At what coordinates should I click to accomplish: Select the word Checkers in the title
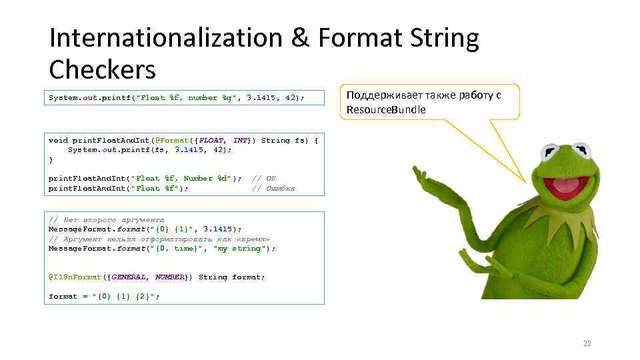(x=102, y=69)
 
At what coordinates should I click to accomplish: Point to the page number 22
(x=587, y=344)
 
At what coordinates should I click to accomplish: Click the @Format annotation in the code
(x=171, y=141)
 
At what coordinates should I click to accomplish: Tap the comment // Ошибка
(x=273, y=189)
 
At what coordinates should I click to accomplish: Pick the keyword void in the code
(x=58, y=141)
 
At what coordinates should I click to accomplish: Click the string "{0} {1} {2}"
(x=126, y=297)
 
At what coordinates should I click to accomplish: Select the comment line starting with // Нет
(x=107, y=219)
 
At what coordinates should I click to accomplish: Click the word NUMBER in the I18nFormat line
(x=170, y=277)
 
